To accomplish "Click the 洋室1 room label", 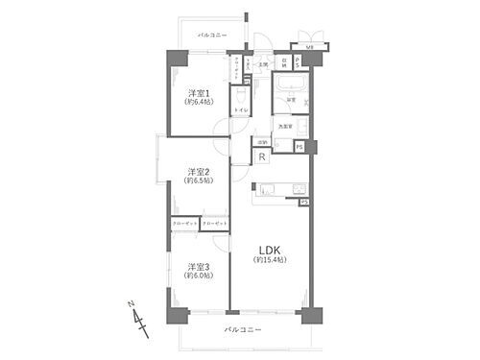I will tap(200, 92).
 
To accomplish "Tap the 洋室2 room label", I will tap(200, 172).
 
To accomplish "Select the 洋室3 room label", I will tap(200, 265).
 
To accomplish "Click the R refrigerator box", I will tap(262, 156).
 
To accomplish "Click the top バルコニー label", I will tap(212, 36).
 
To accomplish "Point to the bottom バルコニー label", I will tap(243, 331).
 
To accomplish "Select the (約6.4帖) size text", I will tap(200, 102).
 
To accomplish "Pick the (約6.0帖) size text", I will tap(200, 276).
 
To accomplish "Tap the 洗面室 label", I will tap(285, 126).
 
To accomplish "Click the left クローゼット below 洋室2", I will tap(185, 223).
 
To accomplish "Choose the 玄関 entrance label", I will tap(259, 65).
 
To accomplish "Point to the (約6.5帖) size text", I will tap(200, 182).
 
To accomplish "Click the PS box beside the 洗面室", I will tap(300, 146).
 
